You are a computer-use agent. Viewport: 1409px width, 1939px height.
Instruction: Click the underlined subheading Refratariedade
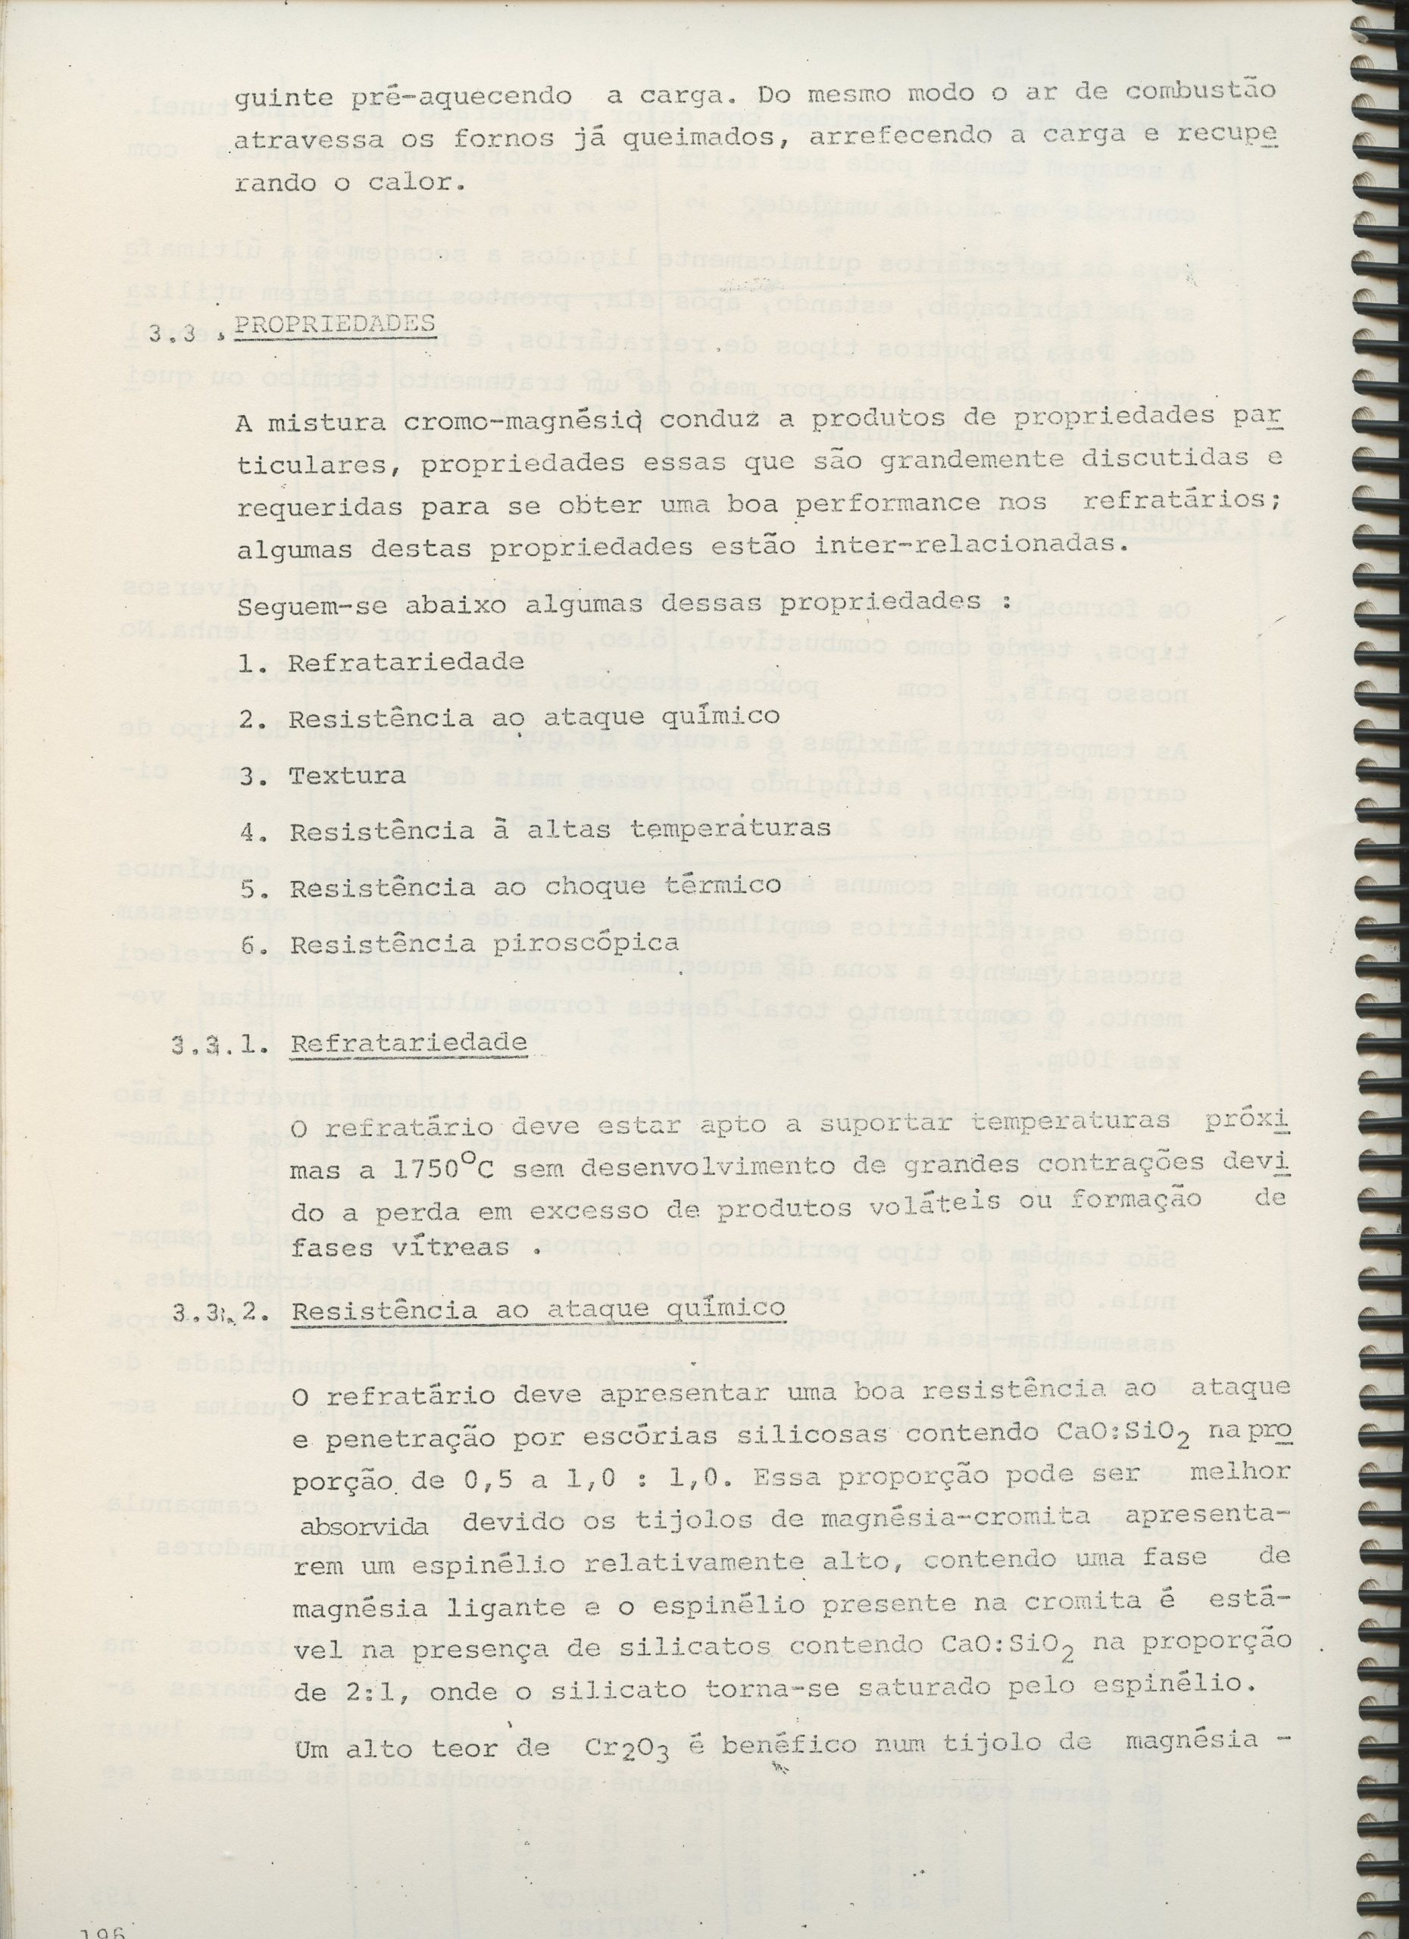coord(408,1043)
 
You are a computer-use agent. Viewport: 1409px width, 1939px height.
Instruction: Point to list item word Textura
coord(346,776)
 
